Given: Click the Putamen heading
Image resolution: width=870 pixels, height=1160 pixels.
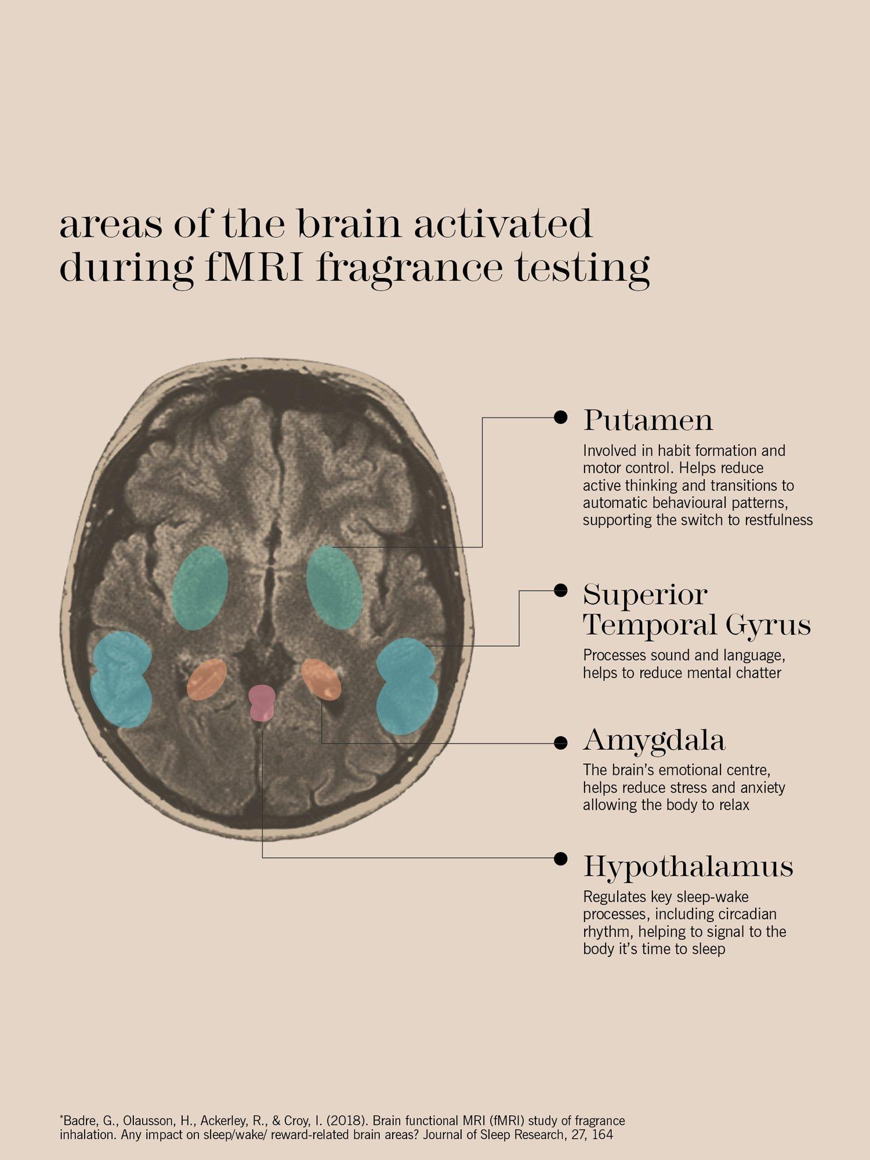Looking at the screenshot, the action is click(x=648, y=420).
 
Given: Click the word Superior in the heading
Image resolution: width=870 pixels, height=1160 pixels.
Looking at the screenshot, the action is click(x=645, y=595).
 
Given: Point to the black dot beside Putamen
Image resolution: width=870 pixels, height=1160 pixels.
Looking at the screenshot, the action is click(x=560, y=417).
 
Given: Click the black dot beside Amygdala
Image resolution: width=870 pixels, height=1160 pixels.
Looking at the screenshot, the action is click(x=560, y=743).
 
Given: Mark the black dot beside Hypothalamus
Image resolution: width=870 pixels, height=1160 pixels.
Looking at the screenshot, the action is click(x=560, y=858).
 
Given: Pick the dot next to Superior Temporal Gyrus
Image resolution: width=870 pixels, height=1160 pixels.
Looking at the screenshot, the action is click(x=560, y=590).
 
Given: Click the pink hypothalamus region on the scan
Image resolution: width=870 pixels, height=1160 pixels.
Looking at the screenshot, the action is click(x=262, y=702).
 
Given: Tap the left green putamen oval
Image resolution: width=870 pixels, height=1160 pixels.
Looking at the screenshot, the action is click(x=200, y=588).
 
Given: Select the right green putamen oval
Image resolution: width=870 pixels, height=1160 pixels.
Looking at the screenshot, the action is click(x=335, y=588).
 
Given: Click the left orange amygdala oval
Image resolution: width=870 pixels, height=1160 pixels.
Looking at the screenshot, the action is click(x=206, y=679).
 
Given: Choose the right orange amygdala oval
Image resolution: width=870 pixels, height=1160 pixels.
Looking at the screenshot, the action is click(x=321, y=679).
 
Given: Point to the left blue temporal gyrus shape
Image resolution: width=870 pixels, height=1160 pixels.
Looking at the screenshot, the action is click(x=121, y=679).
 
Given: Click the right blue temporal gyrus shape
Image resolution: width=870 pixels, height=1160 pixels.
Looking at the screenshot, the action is click(x=407, y=686).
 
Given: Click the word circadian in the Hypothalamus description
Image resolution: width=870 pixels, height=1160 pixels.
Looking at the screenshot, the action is click(x=748, y=914).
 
